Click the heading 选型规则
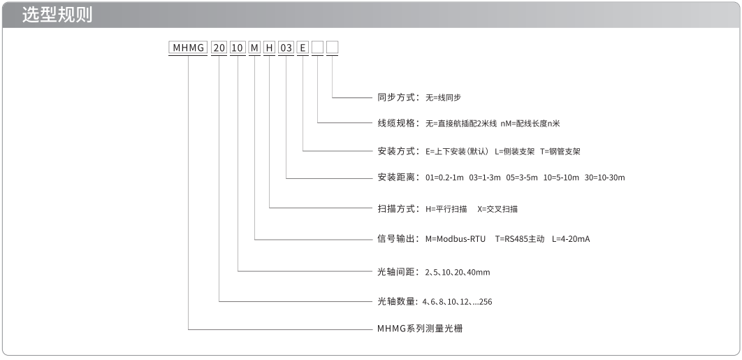57,15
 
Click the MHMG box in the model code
189,48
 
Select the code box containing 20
219,48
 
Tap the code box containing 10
238,48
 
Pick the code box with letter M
254,48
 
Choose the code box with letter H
269,48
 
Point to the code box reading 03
286,48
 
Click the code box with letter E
303,48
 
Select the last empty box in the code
333,48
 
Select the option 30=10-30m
605,178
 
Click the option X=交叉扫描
497,209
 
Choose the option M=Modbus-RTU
456,239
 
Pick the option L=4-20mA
571,239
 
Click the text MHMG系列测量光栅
420,329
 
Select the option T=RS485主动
520,239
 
